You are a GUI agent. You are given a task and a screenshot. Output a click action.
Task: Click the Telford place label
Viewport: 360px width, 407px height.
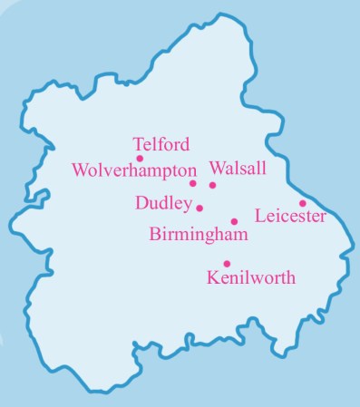point(161,144)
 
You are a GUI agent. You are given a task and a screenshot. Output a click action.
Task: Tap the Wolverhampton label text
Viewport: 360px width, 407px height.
point(133,170)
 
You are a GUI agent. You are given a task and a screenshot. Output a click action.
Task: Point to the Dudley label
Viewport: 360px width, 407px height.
point(163,203)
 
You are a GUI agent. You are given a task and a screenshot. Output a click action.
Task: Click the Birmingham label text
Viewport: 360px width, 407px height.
point(198,236)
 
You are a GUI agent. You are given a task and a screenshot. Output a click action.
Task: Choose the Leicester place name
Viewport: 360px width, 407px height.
point(290,217)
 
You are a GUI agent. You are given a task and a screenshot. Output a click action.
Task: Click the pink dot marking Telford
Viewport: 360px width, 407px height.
point(140,159)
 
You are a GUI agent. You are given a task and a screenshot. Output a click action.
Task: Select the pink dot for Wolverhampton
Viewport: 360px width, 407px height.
point(192,183)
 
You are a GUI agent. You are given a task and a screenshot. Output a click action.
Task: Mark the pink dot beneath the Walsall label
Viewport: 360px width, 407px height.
point(213,185)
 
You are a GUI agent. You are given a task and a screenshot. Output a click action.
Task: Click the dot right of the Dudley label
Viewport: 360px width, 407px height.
point(199,208)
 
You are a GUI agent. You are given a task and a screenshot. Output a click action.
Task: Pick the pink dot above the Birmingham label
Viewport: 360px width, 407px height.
point(234,221)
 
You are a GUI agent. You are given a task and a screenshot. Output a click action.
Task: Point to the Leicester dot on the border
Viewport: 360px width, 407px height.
point(303,203)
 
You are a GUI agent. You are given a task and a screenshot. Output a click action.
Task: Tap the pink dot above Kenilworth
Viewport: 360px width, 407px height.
point(227,264)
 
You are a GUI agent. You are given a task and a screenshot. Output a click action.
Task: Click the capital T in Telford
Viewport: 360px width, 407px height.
point(138,144)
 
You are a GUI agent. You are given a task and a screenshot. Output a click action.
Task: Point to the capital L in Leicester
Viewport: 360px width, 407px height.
point(261,217)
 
